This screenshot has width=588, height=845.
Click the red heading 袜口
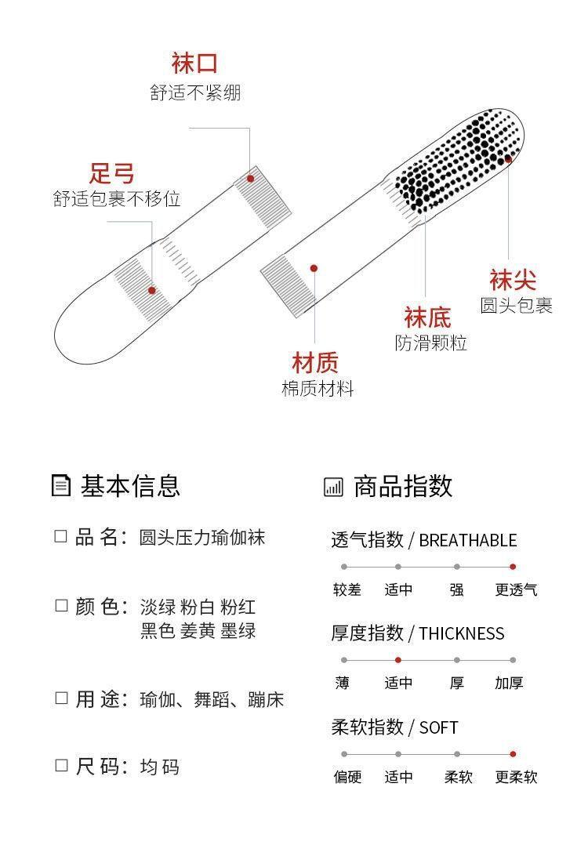coord(194,63)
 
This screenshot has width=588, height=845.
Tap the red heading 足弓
coord(112,172)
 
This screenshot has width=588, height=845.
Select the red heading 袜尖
coord(513,280)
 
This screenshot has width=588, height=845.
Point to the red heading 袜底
coord(427,317)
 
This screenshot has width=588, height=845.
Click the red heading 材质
coord(315,362)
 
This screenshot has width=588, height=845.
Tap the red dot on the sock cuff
coord(251,179)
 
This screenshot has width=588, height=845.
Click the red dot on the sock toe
coord(508,159)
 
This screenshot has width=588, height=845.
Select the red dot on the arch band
coord(152,290)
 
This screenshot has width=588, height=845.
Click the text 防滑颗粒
coord(430,343)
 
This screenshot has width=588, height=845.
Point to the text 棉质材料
coord(318,388)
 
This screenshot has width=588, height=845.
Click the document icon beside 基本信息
coord(60,486)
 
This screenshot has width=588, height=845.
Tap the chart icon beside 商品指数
coord(333,487)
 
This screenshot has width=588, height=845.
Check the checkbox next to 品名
coord(61,537)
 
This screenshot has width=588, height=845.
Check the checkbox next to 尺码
coord(61,766)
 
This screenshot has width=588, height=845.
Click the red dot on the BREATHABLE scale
coord(513,566)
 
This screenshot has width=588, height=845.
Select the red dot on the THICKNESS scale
coord(398,660)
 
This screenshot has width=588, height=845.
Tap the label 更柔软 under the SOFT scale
coord(516,778)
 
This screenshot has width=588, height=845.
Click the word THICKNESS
coord(462,633)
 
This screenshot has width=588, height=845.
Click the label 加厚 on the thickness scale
coord(509,684)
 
